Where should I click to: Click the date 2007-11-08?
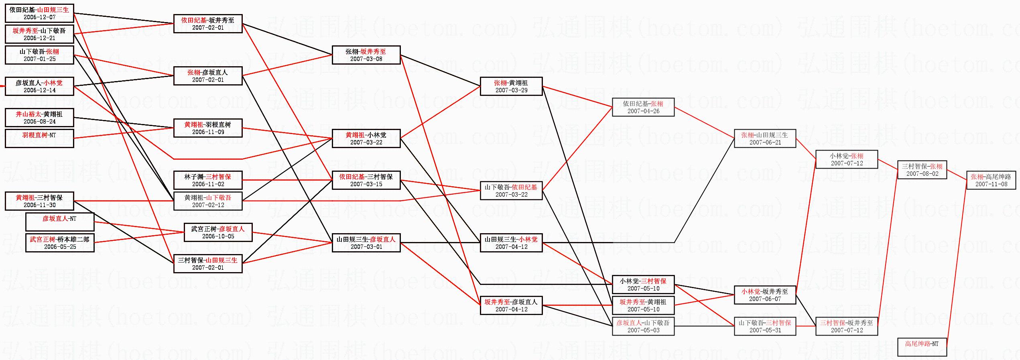991,184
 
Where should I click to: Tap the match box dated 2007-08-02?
922,170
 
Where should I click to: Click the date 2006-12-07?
39,17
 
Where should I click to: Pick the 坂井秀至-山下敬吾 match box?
39,34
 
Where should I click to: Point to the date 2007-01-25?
39,59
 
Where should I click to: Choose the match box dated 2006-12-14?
39,86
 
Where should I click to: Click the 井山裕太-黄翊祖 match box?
39,118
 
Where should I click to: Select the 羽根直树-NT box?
39,138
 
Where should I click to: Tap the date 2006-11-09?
208,132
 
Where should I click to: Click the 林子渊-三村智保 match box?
208,180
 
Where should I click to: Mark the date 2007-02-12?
208,205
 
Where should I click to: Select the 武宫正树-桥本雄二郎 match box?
60,243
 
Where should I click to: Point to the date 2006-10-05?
218,236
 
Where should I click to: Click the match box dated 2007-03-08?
366,55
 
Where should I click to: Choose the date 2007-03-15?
366,184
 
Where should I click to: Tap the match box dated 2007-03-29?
511,86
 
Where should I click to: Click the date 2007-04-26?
643,111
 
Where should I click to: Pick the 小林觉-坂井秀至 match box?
765,295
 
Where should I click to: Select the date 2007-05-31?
765,330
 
